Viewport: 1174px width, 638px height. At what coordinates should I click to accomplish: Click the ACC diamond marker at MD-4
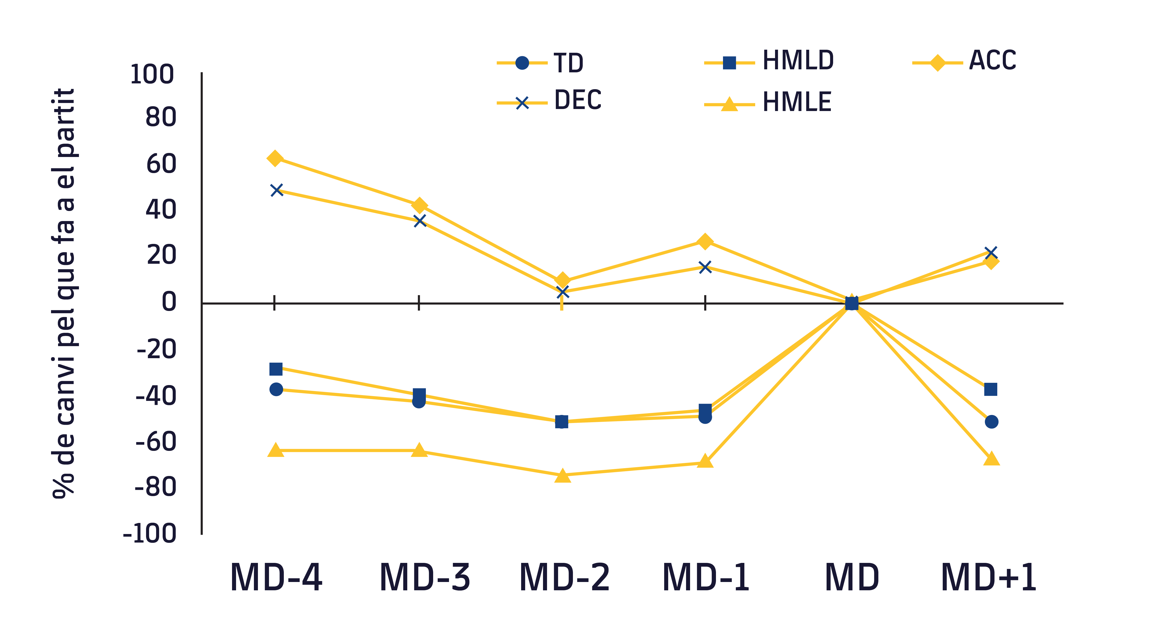point(275,158)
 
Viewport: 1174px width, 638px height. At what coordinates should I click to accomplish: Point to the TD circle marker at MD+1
point(991,422)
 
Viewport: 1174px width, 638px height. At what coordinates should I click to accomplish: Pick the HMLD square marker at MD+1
point(990,389)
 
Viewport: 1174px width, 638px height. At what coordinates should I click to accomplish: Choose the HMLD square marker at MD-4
point(276,369)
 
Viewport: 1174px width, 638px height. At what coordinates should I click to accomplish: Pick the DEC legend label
point(577,100)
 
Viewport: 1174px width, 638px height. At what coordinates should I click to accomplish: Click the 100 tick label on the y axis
point(152,74)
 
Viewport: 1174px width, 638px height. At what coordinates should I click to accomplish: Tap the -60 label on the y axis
point(156,442)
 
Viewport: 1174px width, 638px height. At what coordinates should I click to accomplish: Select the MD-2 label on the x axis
point(564,577)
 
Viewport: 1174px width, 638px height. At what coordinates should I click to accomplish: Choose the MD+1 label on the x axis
point(989,577)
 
